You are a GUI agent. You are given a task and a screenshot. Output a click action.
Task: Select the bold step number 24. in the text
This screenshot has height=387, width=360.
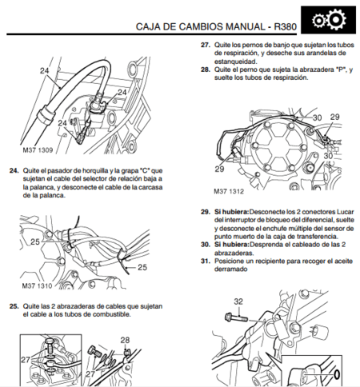click(13, 170)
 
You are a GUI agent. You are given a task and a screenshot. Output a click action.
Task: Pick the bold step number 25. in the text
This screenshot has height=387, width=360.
click(13, 305)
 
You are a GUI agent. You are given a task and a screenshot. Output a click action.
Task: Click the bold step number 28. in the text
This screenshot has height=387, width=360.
click(205, 70)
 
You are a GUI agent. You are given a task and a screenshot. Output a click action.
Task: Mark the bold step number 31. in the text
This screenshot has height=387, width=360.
click(205, 261)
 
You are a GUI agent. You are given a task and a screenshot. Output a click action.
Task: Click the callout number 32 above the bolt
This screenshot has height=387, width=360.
click(238, 301)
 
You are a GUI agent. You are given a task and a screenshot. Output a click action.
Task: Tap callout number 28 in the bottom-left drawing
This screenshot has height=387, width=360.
click(126, 340)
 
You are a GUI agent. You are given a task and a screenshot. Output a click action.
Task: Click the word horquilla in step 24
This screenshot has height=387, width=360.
click(88, 170)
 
